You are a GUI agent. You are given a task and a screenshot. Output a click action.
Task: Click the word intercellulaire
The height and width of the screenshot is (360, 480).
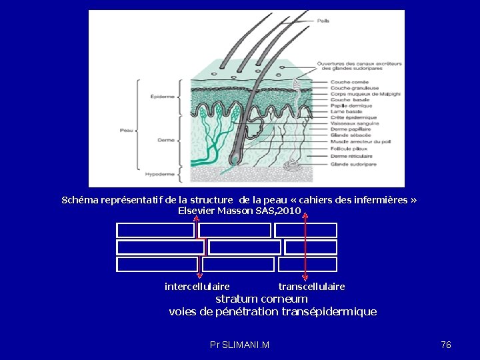pos(197,287)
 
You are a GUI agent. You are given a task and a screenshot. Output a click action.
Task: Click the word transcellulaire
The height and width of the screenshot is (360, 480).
pos(311,287)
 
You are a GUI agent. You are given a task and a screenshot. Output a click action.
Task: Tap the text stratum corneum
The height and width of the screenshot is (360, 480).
pos(261,299)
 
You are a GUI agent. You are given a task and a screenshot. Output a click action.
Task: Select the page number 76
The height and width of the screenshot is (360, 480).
pos(446,345)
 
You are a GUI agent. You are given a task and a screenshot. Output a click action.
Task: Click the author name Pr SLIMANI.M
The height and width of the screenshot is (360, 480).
pos(239,345)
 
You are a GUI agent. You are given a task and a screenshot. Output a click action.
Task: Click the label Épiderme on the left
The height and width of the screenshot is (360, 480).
pos(163,97)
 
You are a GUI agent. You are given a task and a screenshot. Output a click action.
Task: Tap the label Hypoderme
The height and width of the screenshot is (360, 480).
pos(161,174)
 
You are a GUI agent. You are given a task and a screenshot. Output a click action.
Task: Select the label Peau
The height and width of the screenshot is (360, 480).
pos(126,131)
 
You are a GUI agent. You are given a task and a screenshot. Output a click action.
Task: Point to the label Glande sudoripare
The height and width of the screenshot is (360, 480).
pos(353,164)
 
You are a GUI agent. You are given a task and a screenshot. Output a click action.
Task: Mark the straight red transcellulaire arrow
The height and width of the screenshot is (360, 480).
pos(305,247)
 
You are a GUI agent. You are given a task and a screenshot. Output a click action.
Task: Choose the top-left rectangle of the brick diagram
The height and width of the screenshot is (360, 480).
pos(155,231)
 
